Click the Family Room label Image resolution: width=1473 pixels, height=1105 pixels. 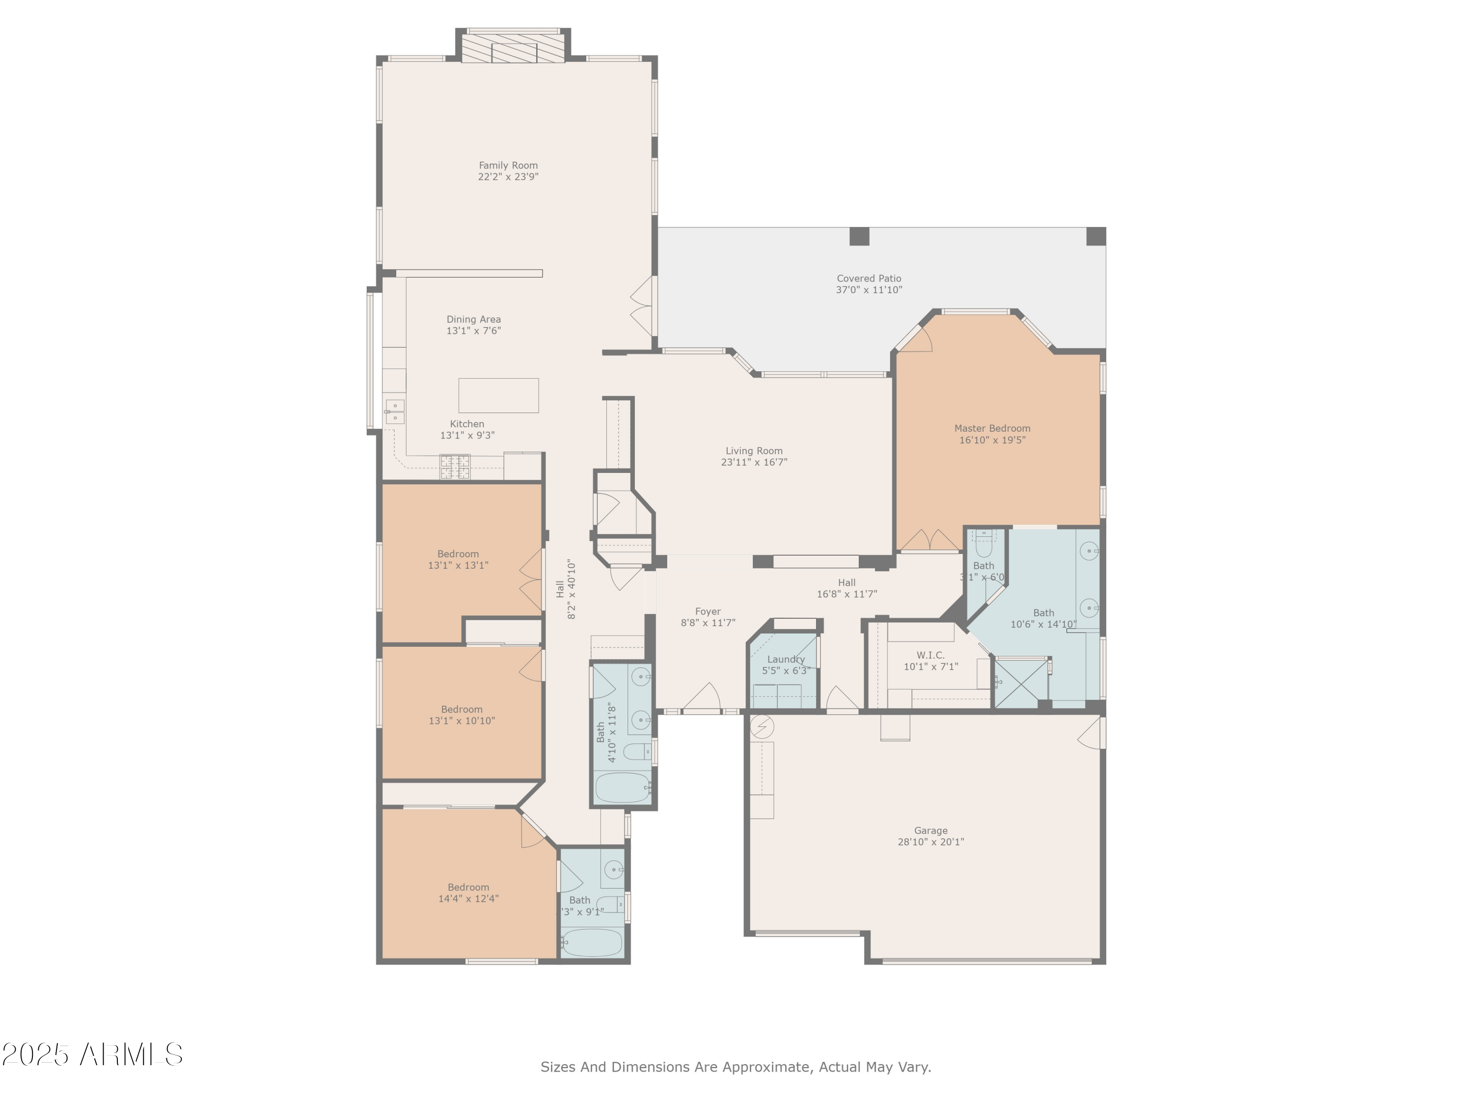(508, 165)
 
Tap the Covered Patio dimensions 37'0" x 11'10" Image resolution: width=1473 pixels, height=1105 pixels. (869, 290)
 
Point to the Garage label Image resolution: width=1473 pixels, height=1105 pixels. (930, 830)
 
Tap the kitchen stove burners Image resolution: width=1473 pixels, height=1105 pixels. (455, 466)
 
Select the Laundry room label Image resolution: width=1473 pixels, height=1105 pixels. (786, 660)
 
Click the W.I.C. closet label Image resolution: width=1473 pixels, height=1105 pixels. (930, 656)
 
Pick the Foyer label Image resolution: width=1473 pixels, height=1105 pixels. (708, 611)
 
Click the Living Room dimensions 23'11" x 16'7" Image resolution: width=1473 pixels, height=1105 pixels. (754, 462)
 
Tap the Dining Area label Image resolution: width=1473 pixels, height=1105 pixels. (473, 320)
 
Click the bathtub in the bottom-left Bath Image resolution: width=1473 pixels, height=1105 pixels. (592, 942)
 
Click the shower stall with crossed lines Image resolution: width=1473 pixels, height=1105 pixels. (1020, 683)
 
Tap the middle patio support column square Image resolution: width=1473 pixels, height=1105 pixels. (859, 236)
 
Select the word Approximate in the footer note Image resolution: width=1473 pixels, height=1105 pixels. (766, 1067)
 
